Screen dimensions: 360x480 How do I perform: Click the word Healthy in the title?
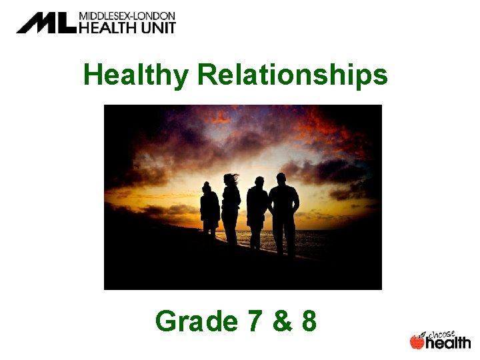click(136, 76)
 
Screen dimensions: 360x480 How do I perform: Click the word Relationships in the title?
click(293, 76)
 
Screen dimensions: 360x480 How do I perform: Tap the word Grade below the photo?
click(195, 321)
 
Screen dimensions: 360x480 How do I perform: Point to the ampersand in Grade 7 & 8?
click(281, 321)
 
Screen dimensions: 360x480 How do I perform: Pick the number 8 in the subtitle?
click(308, 321)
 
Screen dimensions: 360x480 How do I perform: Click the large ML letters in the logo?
click(46, 23)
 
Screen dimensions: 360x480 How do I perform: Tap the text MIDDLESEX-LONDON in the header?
click(127, 15)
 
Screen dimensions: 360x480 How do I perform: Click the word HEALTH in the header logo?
click(107, 27)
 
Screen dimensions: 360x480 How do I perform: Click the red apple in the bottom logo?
click(417, 342)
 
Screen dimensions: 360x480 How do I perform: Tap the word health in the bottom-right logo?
click(448, 343)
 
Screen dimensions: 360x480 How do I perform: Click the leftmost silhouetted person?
click(209, 210)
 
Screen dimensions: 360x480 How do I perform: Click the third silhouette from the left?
click(257, 210)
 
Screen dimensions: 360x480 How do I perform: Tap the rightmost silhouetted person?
click(284, 210)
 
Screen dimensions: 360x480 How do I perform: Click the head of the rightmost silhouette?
click(281, 178)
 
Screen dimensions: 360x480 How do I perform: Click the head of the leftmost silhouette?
click(207, 186)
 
